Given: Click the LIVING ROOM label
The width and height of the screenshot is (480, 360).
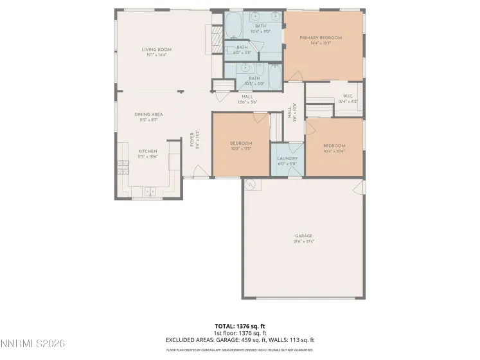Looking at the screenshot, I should [x=156, y=50].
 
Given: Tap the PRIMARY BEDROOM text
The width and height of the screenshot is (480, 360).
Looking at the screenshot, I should [x=321, y=38].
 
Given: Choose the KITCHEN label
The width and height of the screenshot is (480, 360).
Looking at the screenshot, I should [x=147, y=151].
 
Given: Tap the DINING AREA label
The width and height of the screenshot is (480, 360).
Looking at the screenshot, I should [x=148, y=114].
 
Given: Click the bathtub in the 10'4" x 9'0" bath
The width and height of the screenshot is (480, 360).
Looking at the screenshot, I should [x=232, y=26].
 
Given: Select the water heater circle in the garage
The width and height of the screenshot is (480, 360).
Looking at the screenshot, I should [x=251, y=185].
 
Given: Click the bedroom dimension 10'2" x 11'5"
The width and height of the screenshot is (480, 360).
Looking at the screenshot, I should [x=240, y=148].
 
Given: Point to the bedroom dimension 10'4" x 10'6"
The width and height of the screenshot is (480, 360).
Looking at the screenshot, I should [x=334, y=151].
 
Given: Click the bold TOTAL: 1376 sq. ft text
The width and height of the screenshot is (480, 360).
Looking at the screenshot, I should [x=240, y=326].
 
